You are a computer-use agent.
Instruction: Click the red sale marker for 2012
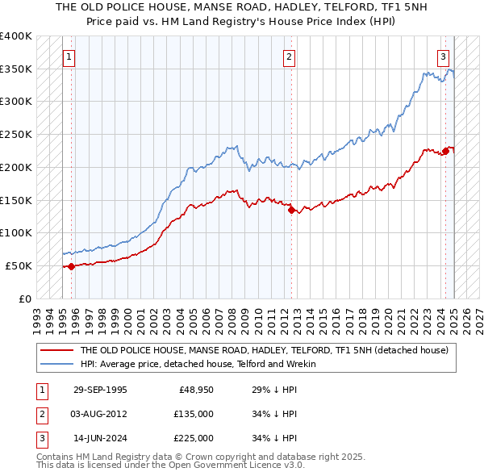(x=291, y=210)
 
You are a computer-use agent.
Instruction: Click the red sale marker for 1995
(x=71, y=266)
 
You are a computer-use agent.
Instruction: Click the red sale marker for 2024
(x=444, y=151)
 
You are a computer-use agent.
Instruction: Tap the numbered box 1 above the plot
(x=69, y=57)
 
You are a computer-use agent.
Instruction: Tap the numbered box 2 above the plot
(x=289, y=57)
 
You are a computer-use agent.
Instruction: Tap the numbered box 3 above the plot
(x=444, y=57)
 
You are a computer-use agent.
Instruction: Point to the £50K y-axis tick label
(x=19, y=265)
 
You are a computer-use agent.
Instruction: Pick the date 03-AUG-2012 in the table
(x=100, y=414)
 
